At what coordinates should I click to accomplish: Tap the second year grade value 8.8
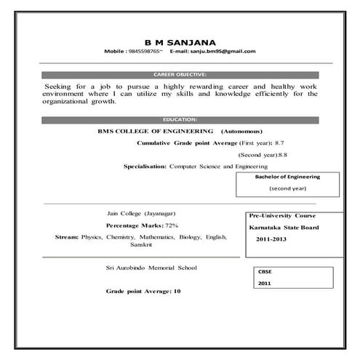(283, 155)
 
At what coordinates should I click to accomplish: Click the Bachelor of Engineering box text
(287, 177)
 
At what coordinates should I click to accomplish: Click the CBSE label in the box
(264, 271)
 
